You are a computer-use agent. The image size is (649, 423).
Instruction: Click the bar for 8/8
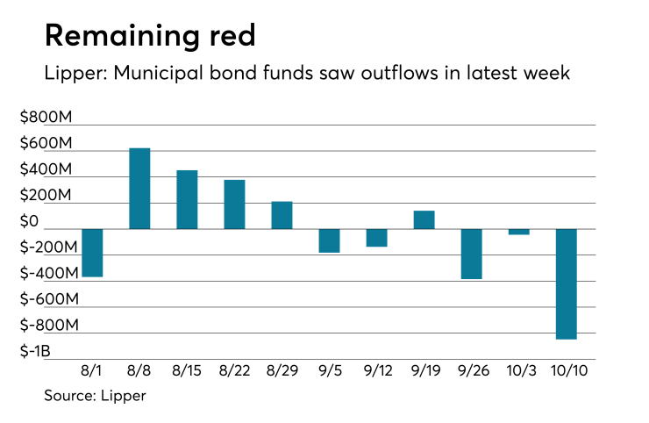pos(139,189)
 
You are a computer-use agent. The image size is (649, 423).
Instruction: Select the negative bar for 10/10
pos(566,283)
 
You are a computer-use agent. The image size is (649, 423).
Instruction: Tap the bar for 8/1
pos(92,253)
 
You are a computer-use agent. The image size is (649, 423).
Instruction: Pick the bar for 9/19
pos(424,220)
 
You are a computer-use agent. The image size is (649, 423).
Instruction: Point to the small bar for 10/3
pos(518,232)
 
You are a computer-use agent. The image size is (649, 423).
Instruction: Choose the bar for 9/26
pos(471,254)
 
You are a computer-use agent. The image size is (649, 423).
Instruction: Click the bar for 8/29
pos(282,216)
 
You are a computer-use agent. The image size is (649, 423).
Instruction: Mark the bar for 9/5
pos(329,240)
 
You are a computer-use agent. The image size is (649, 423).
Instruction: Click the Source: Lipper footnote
pos(95,396)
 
